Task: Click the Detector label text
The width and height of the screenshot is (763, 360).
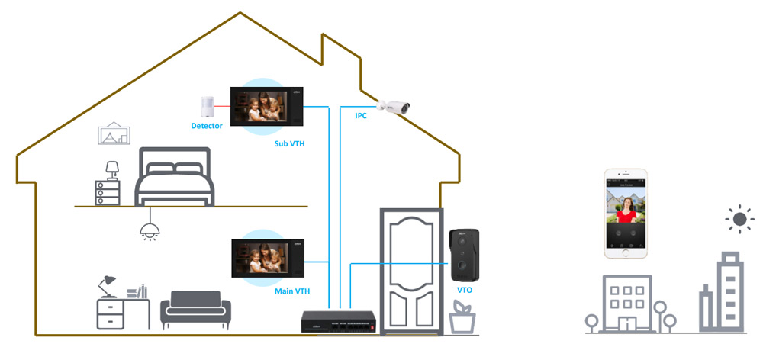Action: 206,126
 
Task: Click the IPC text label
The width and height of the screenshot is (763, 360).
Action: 361,116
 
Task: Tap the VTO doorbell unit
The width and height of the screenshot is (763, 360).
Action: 463,255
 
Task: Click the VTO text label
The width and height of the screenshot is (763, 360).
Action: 464,291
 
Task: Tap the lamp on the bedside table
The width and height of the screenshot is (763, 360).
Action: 112,169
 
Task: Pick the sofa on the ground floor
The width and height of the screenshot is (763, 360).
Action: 195,309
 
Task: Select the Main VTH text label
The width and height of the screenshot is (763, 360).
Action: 291,291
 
